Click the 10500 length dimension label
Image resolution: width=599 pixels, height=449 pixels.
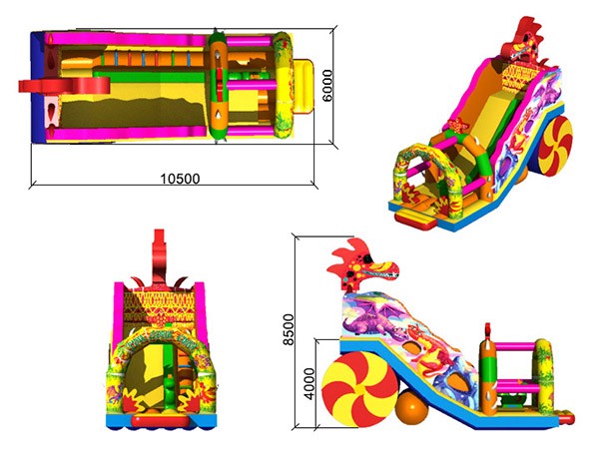point(180,179)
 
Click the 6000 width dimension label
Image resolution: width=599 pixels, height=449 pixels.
point(327,86)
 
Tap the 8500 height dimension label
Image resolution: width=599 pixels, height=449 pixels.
point(289,329)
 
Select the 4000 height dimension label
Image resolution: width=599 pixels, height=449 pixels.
point(308,384)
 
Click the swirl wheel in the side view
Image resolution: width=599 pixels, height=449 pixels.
point(359,390)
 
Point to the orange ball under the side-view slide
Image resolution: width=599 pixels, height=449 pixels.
point(411,407)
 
